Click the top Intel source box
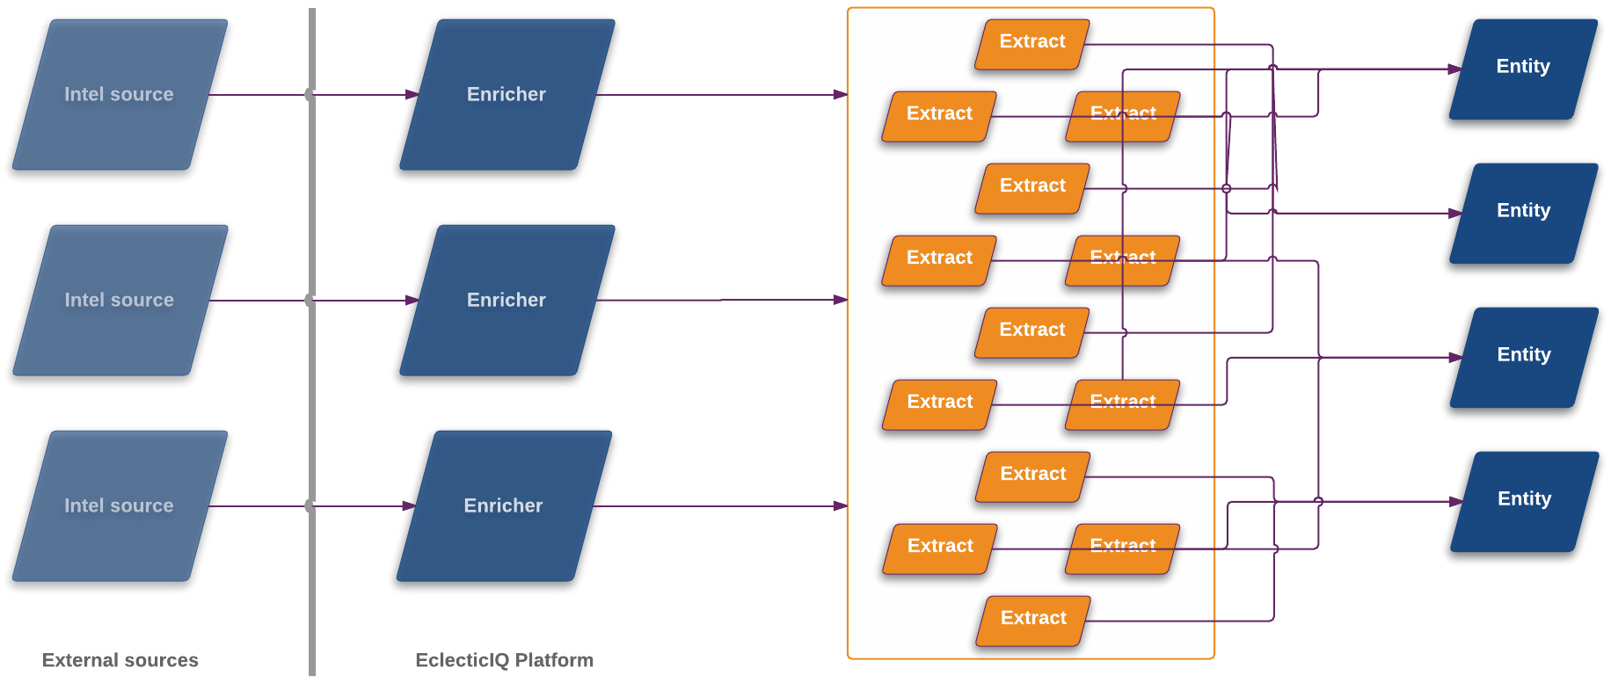click(x=120, y=94)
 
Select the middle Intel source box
click(x=120, y=300)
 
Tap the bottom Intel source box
click(x=120, y=505)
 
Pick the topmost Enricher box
click(x=507, y=94)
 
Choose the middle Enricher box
click(x=507, y=300)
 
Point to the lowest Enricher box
click(x=504, y=505)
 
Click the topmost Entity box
click(x=1523, y=69)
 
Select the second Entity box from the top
click(x=1524, y=213)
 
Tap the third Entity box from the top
click(x=1524, y=357)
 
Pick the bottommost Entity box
click(x=1525, y=501)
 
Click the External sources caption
click(x=120, y=660)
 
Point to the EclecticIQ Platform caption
click(x=504, y=660)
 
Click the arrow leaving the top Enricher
click(x=721, y=95)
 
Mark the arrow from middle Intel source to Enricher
click(x=361, y=301)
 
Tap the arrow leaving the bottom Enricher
click(x=721, y=506)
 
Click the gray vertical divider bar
click(x=312, y=396)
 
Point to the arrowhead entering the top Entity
click(x=1455, y=69)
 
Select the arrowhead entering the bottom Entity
click(x=1457, y=501)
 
